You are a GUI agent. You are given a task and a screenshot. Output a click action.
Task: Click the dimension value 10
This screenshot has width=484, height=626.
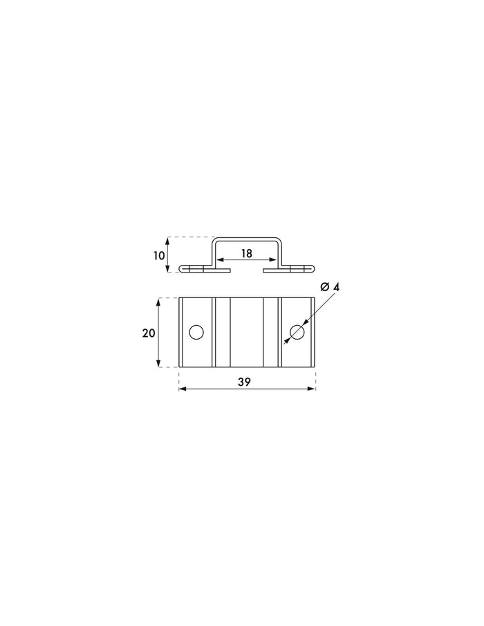159,255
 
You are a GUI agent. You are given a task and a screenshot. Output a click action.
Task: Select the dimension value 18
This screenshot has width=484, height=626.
247,253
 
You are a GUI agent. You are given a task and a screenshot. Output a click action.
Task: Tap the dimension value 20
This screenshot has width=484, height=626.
148,333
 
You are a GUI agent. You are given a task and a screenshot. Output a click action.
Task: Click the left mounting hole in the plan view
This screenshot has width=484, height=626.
196,333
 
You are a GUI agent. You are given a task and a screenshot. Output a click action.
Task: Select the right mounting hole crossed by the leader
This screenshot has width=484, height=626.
297,332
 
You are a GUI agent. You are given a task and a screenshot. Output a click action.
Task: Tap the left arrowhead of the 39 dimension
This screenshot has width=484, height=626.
183,389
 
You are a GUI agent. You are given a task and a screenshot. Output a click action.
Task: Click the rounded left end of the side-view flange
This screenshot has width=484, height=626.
182,268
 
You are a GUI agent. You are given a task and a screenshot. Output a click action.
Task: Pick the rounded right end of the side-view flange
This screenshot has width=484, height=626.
312,268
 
